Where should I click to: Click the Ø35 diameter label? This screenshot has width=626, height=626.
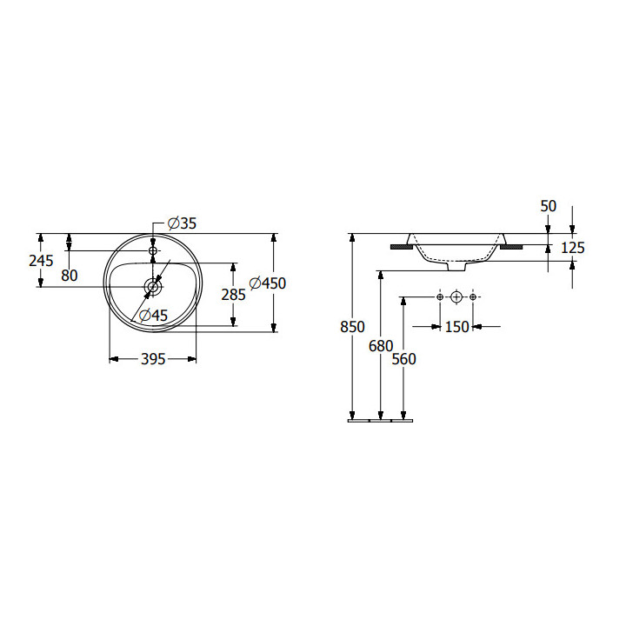click(183, 223)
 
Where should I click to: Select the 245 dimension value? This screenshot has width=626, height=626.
click(41, 261)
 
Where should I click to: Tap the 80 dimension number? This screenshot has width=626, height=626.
click(69, 276)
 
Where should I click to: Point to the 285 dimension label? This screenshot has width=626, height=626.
click(234, 295)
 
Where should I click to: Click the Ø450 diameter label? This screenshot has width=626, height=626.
click(268, 283)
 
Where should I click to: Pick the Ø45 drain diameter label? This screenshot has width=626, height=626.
click(154, 316)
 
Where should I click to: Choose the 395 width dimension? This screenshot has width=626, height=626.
click(153, 359)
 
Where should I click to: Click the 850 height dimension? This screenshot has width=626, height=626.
click(352, 327)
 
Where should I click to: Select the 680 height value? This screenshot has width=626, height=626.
click(381, 346)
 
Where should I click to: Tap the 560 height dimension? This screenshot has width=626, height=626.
click(404, 359)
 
